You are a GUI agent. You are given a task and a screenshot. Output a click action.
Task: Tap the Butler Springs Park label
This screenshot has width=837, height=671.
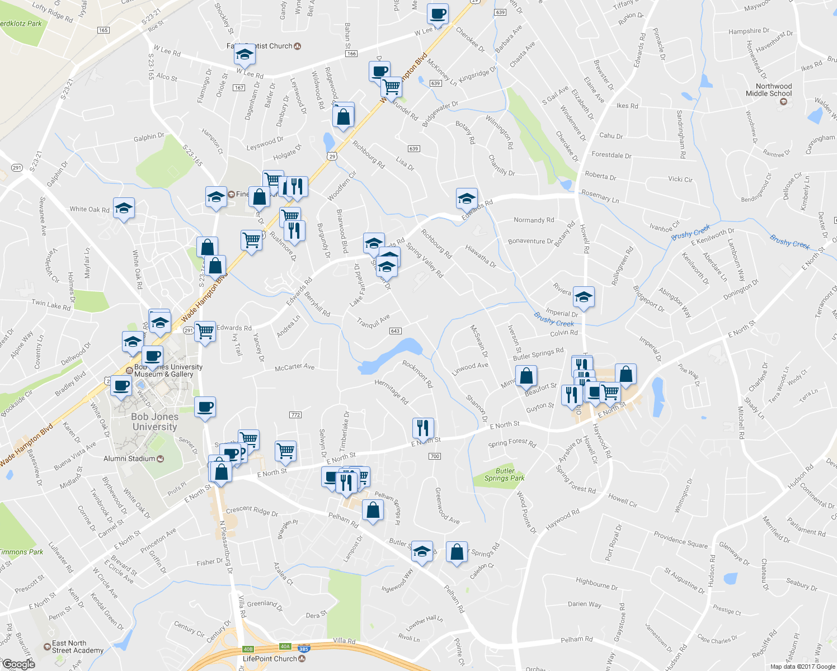tap(505, 475)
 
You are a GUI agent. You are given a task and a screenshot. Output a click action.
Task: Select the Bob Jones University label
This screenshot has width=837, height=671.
tap(154, 422)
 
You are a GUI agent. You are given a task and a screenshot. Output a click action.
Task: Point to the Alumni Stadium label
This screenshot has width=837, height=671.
tap(129, 459)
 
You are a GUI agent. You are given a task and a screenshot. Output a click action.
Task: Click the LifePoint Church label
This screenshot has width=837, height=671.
tap(270, 659)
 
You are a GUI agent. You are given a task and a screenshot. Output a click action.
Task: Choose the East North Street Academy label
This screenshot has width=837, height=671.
tap(77, 647)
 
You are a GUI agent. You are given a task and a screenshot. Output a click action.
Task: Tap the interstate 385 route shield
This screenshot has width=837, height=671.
tap(304, 649)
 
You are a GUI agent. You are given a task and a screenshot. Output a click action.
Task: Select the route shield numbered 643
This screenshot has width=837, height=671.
tap(395, 331)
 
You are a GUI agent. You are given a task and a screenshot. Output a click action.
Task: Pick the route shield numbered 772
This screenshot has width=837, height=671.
tap(295, 415)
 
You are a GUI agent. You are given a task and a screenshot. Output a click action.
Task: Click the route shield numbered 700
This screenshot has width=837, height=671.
tap(435, 456)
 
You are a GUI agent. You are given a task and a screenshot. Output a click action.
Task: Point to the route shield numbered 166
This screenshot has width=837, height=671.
tap(351, 54)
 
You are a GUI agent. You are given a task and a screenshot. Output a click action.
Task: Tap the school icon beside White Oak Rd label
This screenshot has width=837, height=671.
tap(124, 209)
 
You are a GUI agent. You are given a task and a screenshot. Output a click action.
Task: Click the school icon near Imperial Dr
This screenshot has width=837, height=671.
tap(584, 297)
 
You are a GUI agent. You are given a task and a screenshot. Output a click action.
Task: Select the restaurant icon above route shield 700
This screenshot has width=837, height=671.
tap(423, 428)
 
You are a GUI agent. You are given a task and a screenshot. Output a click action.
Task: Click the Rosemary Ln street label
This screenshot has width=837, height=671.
tap(600, 196)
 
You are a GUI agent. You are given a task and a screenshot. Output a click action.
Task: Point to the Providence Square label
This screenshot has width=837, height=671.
tap(680, 540)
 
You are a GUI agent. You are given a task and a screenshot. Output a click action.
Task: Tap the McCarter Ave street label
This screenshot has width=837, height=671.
tap(294, 367)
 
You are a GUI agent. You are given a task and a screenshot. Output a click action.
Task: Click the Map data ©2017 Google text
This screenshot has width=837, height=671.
tap(802, 667)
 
